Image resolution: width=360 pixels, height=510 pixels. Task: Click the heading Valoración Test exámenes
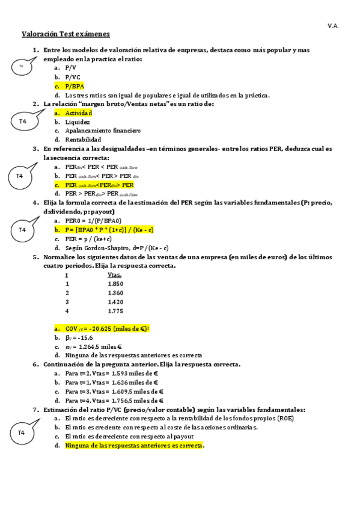tap(66, 34)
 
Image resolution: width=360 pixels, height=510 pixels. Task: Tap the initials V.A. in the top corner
tap(333, 25)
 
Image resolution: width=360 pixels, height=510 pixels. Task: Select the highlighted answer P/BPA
tap(75, 86)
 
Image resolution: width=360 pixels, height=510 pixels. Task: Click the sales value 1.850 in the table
tap(115, 283)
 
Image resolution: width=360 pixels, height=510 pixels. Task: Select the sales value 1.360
tap(115, 292)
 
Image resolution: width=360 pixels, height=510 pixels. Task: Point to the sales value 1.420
tap(115, 301)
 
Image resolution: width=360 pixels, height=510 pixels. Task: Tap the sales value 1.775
tap(115, 311)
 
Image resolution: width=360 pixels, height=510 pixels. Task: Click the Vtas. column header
tap(114, 274)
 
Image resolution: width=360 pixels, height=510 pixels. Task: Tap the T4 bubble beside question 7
tap(22, 433)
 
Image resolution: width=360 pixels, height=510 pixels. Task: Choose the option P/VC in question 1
tap(73, 77)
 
